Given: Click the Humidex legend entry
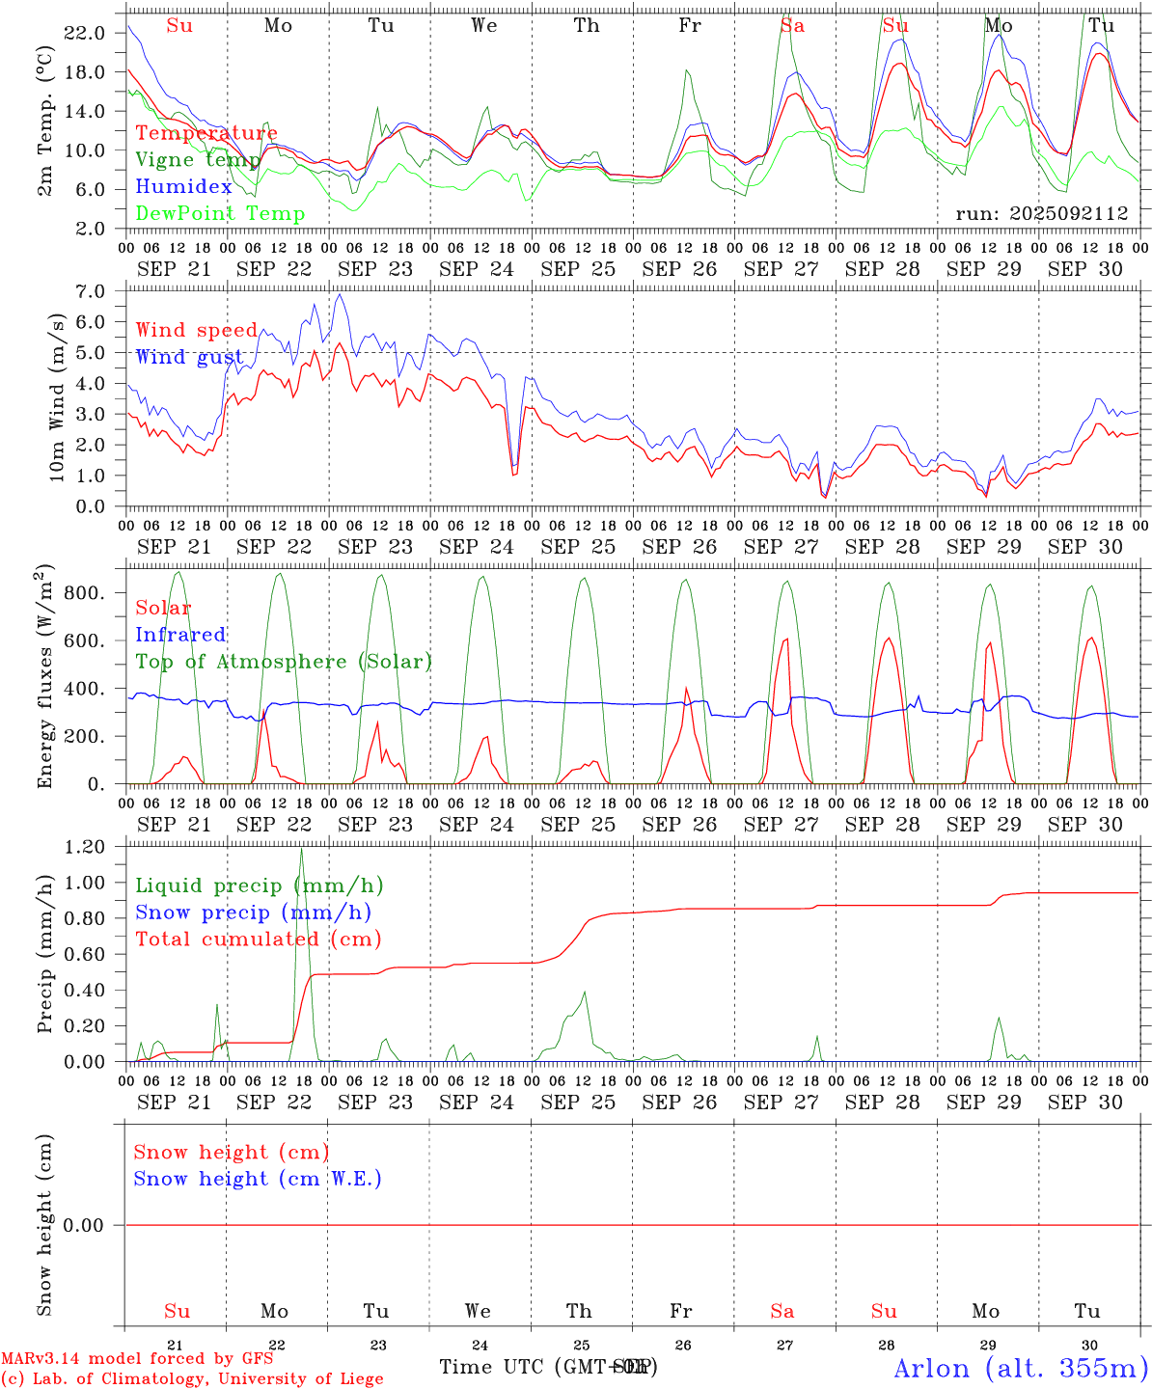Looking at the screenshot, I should [183, 187].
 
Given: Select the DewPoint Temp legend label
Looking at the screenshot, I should [220, 214].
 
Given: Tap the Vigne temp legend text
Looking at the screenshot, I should [198, 160].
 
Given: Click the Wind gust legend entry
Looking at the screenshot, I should [189, 357].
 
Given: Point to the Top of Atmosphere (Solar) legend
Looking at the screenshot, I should [284, 662].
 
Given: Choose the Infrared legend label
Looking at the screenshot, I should [180, 635].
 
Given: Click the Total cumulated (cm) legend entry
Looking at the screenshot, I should [258, 939].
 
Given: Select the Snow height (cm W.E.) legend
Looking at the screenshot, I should [258, 1179].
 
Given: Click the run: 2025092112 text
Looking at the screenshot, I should [1042, 214].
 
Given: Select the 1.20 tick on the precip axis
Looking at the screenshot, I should [87, 847].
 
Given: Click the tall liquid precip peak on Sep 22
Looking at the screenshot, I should [302, 851].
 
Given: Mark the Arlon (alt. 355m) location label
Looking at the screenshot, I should [1021, 1368].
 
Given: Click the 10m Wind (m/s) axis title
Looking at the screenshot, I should [58, 396].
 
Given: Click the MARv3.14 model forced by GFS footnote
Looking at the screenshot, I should [137, 1358].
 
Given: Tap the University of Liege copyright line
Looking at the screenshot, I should [192, 1378].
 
